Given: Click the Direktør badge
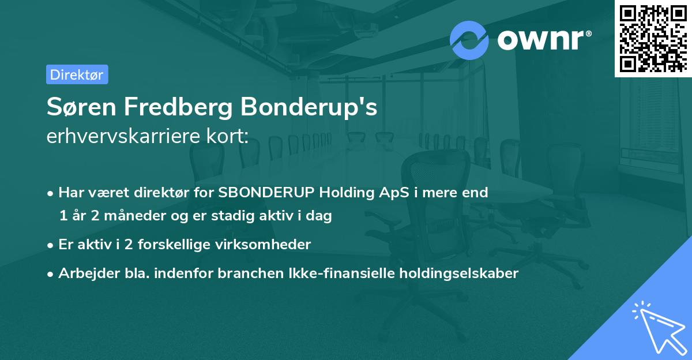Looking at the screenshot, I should pos(77,74).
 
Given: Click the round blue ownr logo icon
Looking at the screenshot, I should pos(469,40).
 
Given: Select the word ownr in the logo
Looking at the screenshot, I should pos(543,40).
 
